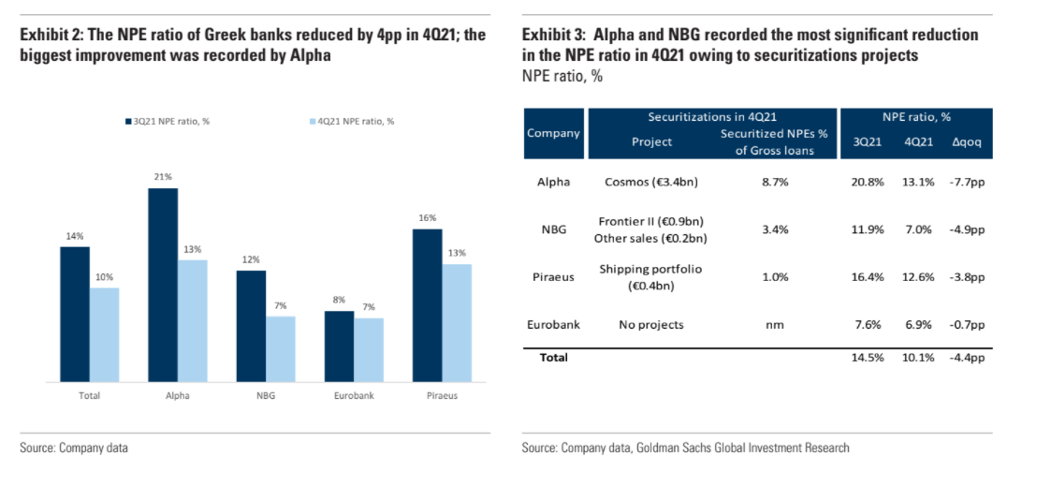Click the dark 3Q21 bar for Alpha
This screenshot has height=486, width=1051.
point(163,285)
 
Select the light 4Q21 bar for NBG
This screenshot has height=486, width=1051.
point(280,349)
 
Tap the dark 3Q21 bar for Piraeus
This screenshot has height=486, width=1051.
point(427,305)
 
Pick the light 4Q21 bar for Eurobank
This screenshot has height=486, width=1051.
point(368,350)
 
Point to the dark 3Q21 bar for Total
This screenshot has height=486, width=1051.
point(75,314)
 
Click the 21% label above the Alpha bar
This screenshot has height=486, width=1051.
point(163,177)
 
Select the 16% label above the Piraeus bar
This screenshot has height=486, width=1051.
point(427,217)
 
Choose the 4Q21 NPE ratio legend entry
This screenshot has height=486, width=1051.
point(354,121)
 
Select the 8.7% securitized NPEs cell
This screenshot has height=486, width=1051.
point(775,182)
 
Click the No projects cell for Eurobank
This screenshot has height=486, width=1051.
point(650,325)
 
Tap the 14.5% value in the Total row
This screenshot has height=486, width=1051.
point(869,357)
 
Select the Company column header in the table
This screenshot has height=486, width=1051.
point(553,133)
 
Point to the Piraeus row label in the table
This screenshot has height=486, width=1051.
point(553,277)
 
